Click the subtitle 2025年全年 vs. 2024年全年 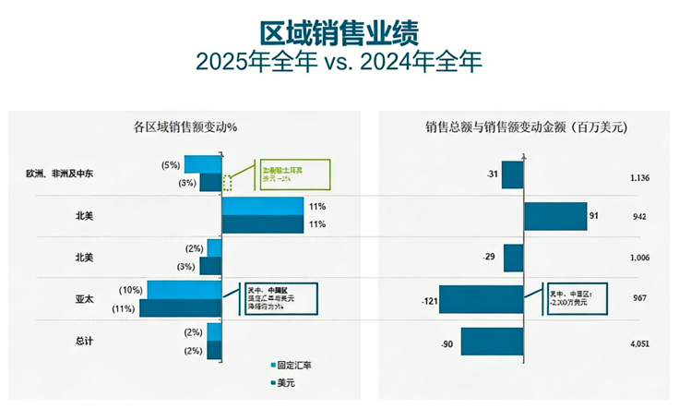pos(339,61)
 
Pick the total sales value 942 pos(639,217)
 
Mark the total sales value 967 pos(639,299)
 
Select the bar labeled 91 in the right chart pos(555,216)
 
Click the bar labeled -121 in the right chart pos(482,299)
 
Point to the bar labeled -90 pos(492,342)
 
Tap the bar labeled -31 pos(513,174)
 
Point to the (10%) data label pos(131,290)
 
